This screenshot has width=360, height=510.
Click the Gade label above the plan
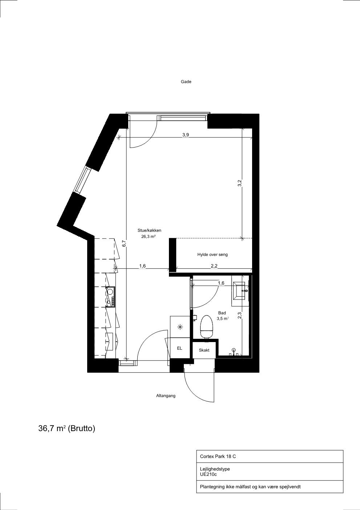point(186,82)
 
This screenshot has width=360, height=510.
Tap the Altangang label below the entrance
point(166,396)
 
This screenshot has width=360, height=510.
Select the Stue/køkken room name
point(149,230)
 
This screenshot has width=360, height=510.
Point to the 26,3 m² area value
point(148,237)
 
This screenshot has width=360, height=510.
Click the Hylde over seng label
point(212,254)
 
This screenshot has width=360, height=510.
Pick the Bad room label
point(222,313)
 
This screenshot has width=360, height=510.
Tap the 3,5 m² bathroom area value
point(223,319)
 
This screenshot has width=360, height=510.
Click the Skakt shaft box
point(204,350)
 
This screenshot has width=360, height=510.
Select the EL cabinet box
point(180,348)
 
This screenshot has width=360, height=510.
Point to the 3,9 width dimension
point(186,135)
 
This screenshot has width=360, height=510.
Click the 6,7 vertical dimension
point(124,244)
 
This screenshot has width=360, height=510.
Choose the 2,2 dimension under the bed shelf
point(214,266)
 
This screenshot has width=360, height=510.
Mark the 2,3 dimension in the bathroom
point(239,315)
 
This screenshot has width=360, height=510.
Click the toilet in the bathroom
point(206,327)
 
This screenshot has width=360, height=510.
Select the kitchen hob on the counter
point(111,297)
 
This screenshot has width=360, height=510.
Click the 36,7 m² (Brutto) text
point(67,429)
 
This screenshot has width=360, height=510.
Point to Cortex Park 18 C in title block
point(218,457)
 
